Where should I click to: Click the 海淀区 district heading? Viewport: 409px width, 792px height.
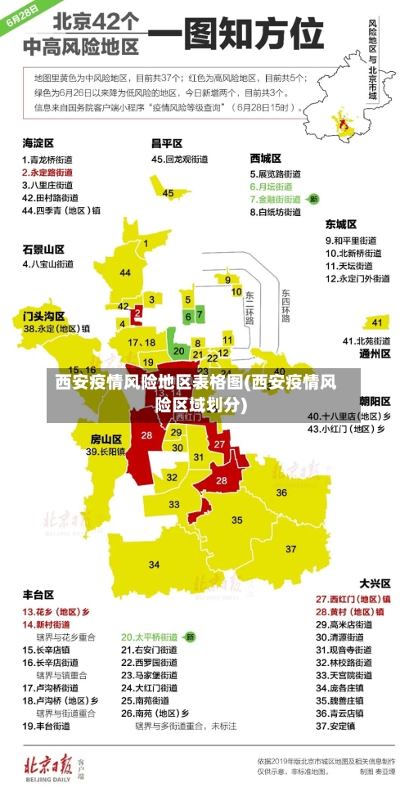click(x=38, y=142)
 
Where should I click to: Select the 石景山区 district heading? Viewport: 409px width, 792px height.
click(x=43, y=249)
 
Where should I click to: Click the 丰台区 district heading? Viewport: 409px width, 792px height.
click(x=38, y=595)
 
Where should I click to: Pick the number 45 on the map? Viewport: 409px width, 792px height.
click(x=168, y=193)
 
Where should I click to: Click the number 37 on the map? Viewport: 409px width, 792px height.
click(x=290, y=547)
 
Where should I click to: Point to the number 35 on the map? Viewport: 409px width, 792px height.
click(x=237, y=520)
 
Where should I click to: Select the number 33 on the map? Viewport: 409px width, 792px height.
click(x=174, y=505)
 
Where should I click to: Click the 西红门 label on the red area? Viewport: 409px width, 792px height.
click(x=189, y=416)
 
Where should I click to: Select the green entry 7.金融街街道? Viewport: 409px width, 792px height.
click(x=275, y=199)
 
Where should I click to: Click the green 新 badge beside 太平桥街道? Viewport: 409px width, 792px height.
click(x=189, y=637)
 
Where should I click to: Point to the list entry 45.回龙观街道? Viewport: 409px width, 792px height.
click(x=180, y=160)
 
